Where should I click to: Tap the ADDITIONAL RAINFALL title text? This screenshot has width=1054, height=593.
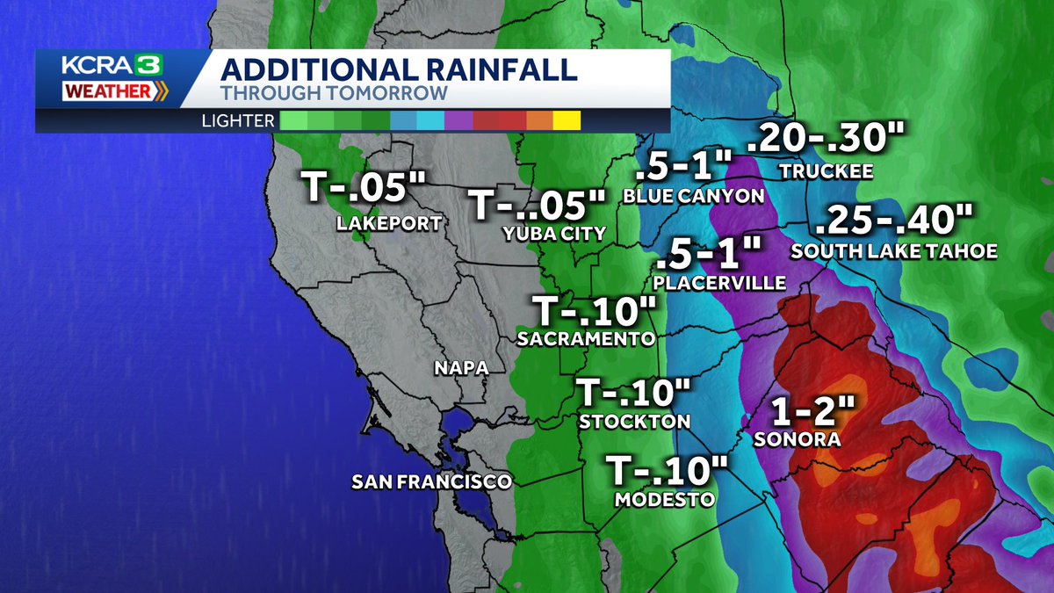398,70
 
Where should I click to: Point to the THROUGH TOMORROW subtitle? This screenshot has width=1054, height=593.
334,93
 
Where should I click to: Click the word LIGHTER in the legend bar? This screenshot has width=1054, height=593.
237,120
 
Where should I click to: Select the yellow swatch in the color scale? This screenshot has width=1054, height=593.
567,121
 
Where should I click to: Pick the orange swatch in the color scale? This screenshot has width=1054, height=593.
539,121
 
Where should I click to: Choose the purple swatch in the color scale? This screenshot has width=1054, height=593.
458,121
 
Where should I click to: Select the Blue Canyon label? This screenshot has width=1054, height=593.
693,196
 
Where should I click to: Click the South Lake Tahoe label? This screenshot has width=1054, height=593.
893,251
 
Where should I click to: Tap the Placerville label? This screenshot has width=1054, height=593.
719,283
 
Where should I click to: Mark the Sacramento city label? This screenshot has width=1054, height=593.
586,338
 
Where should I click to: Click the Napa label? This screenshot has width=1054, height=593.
461,368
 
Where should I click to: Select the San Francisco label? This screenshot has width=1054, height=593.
431,481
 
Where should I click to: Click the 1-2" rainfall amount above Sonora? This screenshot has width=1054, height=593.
806,410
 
